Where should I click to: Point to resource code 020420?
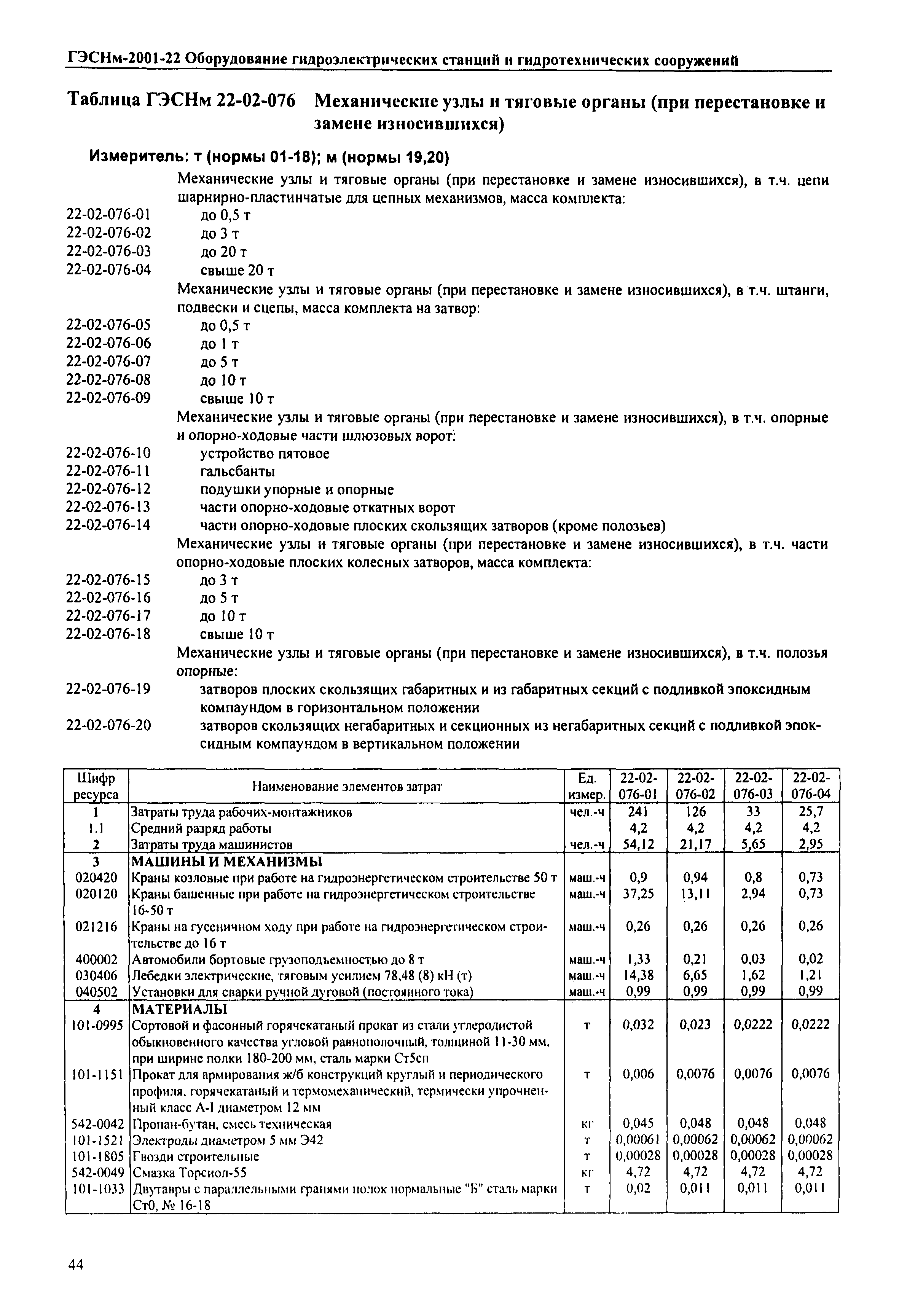pyautogui.click(x=96, y=877)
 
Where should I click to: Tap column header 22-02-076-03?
pyautogui.click(x=753, y=785)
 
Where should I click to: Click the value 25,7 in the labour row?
pyautogui.click(x=811, y=811)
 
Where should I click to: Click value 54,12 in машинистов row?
pyautogui.click(x=638, y=844)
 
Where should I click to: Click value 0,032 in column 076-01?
pyautogui.click(x=638, y=1025)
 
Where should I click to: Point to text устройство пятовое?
pyautogui.click(x=265, y=453)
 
